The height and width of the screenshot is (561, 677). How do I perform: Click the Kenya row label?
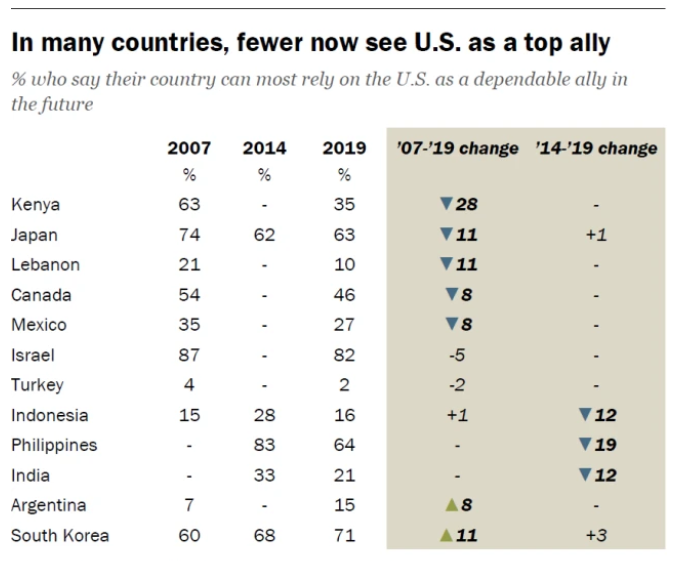click(36, 205)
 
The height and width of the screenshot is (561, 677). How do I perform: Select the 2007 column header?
click(189, 148)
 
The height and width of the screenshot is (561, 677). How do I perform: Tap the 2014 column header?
click(264, 148)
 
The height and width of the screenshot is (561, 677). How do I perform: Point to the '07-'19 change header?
click(458, 148)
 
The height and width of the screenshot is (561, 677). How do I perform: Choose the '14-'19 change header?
click(596, 148)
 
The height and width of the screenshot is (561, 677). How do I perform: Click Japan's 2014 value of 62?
click(264, 235)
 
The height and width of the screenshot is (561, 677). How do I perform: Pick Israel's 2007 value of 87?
click(189, 355)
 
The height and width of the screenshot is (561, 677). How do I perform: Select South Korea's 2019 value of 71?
click(344, 535)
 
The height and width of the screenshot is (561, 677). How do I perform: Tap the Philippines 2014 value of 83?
click(264, 445)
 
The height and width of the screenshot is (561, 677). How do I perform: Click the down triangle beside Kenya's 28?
click(446, 205)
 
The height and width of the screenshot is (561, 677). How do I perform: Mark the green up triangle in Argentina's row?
click(452, 505)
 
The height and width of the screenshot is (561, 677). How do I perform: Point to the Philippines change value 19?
click(604, 445)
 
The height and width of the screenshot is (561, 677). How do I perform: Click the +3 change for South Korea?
click(596, 535)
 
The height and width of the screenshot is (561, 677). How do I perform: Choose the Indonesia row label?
click(50, 415)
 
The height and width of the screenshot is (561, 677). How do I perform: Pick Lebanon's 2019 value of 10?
click(344, 265)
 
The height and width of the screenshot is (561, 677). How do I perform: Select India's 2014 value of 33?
click(264, 475)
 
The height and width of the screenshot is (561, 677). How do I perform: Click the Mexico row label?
click(39, 325)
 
